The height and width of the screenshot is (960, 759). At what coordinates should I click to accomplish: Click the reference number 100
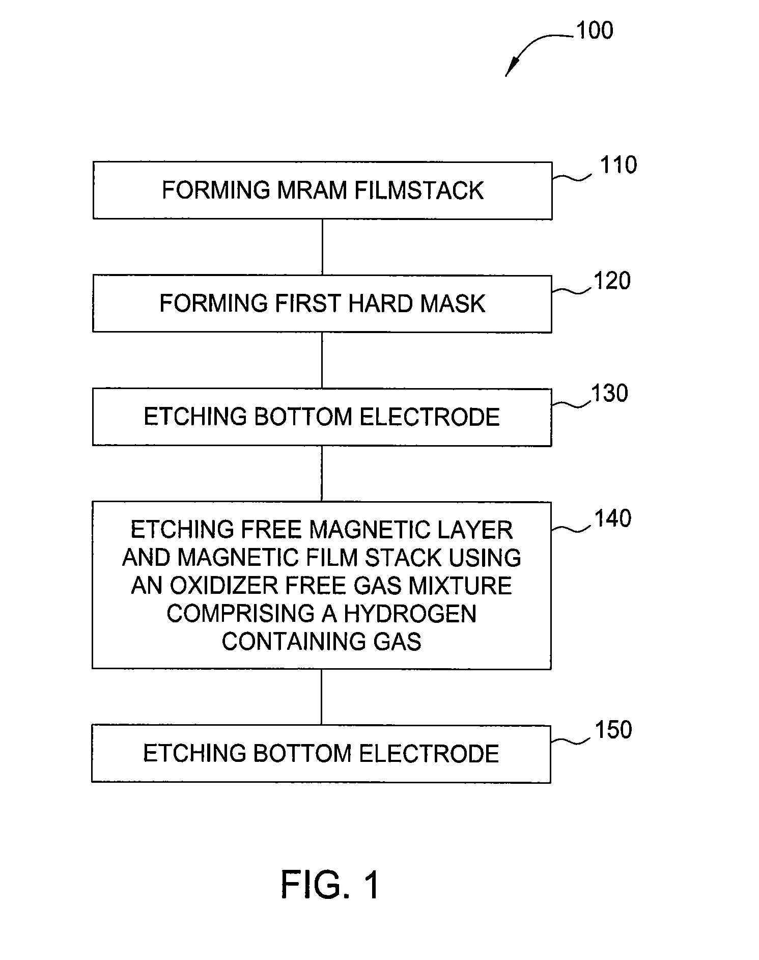pos(595,31)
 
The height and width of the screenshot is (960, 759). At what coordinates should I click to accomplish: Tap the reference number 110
pos(619,165)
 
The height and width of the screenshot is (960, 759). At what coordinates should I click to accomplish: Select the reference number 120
pos(612,281)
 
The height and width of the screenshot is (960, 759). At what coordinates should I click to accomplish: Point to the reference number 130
pos(609,394)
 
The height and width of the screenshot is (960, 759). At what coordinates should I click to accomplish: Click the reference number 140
pos(613,518)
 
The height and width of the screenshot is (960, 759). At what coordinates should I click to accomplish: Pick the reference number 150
pos(613,730)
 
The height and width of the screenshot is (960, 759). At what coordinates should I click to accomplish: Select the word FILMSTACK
pos(419,190)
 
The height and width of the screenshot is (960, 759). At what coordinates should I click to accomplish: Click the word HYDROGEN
pos(410,613)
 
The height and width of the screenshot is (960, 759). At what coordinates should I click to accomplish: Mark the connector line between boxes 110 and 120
pos(322,248)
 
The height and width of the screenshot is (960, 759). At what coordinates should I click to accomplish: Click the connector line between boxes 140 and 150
pos(321,697)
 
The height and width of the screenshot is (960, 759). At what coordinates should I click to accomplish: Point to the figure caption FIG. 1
pos(330,885)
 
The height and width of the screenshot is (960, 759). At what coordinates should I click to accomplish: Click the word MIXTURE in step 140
pos(460,586)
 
